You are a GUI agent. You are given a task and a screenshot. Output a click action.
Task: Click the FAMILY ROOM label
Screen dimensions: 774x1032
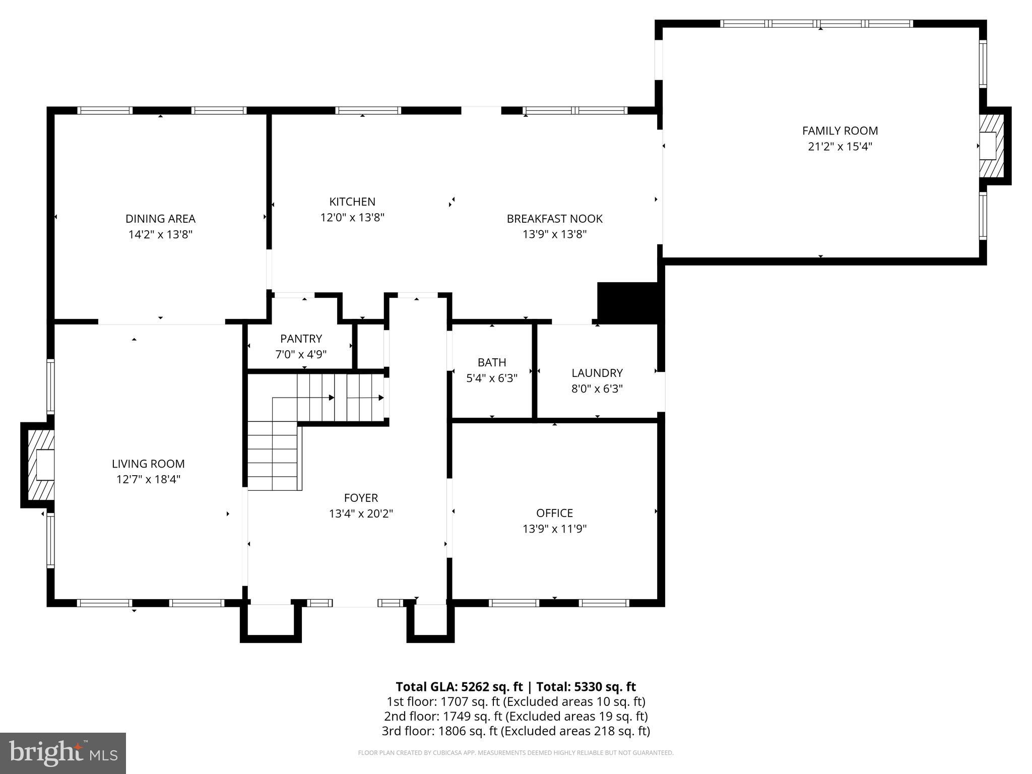click(x=840, y=131)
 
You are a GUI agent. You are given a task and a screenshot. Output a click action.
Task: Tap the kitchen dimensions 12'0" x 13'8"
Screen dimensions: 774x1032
click(x=352, y=218)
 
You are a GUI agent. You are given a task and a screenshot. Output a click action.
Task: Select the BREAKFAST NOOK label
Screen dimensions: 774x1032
click(x=554, y=219)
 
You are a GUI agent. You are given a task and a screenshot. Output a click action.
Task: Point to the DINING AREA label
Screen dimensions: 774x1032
click(x=160, y=219)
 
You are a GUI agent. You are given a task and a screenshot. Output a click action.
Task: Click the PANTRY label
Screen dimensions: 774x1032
click(x=301, y=339)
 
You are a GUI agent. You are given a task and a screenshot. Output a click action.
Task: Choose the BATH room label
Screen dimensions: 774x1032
click(x=491, y=362)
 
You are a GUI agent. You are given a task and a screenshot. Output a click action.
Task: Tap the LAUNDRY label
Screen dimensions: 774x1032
click(x=597, y=373)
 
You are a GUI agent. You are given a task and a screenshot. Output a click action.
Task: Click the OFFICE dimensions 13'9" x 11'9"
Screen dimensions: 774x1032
click(x=554, y=529)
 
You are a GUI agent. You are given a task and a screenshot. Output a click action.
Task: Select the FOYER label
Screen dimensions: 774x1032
click(x=361, y=498)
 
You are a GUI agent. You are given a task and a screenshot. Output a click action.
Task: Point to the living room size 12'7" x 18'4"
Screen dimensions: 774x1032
click(x=148, y=479)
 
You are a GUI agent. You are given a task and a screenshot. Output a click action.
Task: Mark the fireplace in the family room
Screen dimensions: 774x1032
click(x=991, y=146)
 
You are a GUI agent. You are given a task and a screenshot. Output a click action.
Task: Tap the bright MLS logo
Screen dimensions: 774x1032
click(x=62, y=753)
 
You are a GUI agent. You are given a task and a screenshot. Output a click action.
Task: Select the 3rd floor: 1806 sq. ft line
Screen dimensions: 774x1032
click(x=515, y=731)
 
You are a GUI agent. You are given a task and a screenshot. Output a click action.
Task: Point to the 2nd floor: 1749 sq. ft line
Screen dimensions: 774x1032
click(x=515, y=716)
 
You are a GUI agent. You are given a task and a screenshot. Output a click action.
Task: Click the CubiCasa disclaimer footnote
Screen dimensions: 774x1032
click(x=515, y=753)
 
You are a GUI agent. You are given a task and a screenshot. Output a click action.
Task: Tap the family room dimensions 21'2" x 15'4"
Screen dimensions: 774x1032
click(x=840, y=147)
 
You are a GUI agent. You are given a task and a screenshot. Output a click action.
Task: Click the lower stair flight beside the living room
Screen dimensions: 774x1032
click(x=272, y=456)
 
